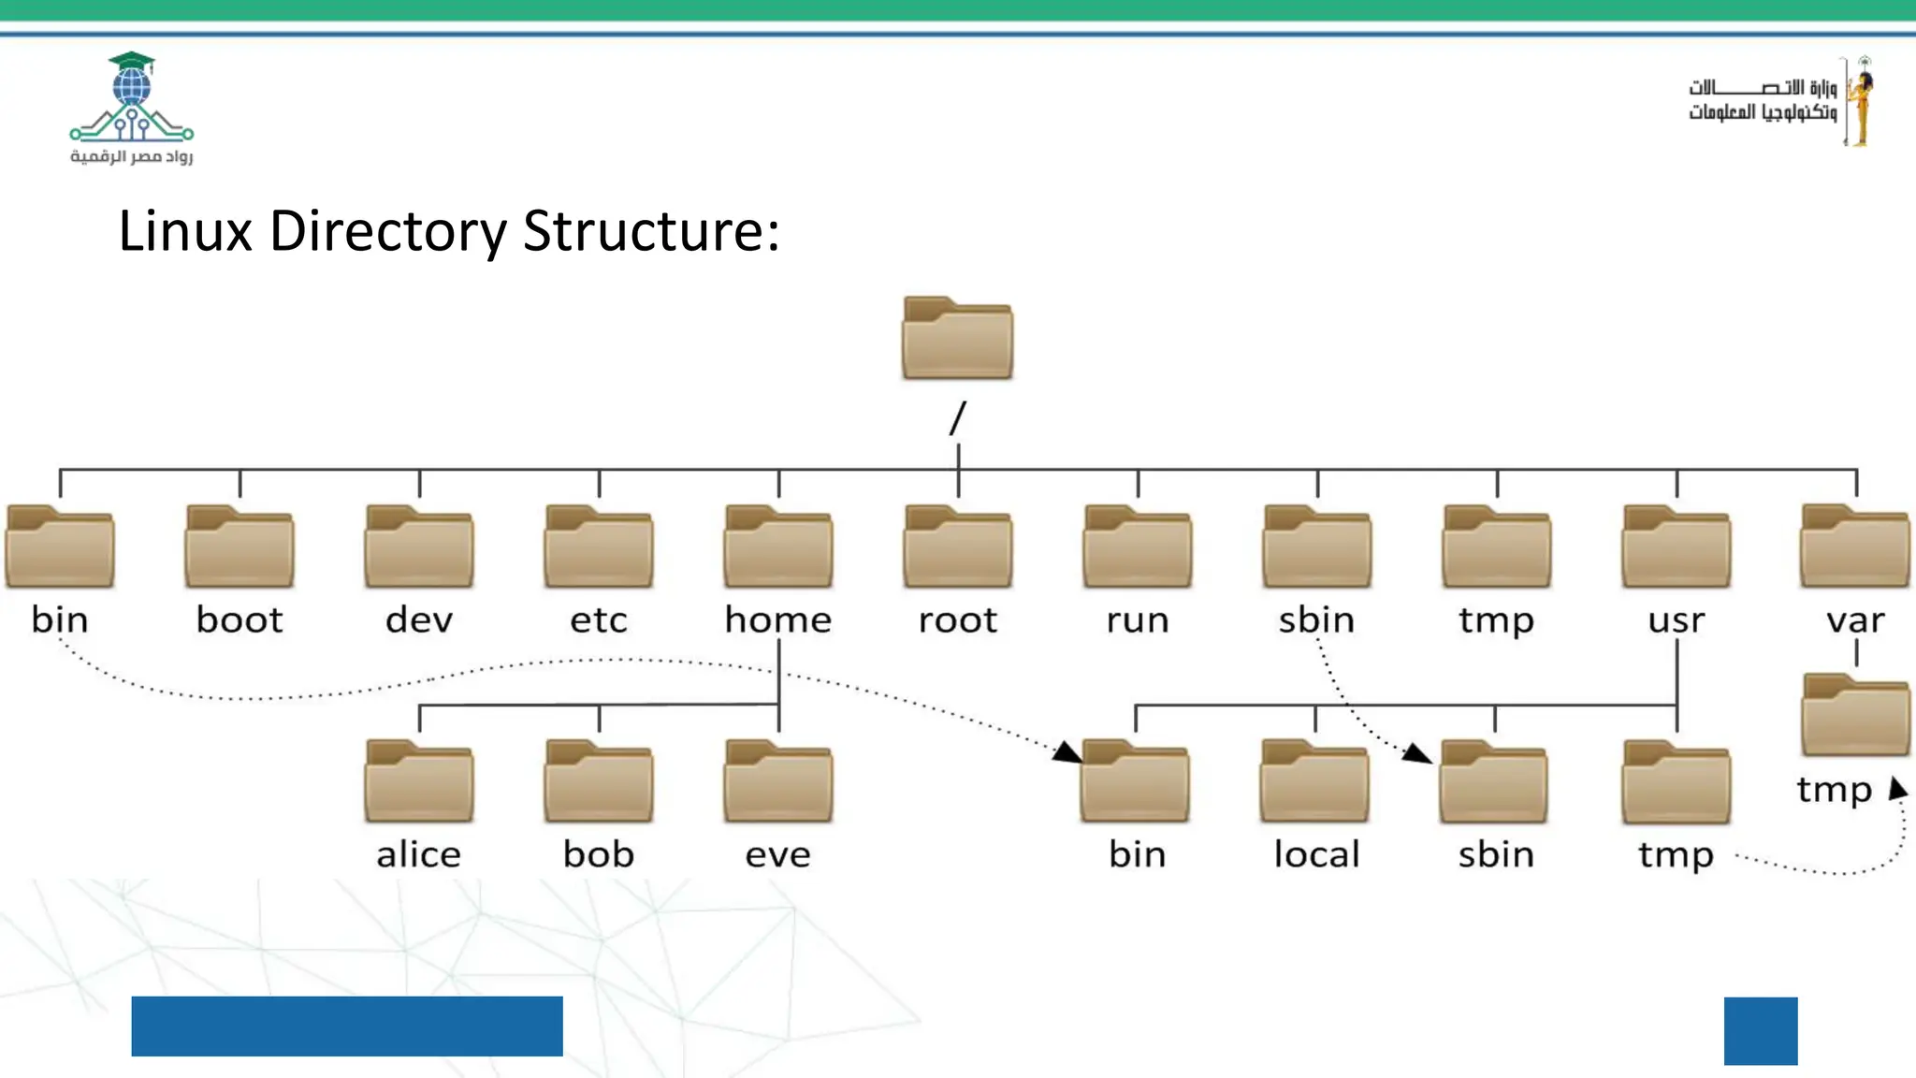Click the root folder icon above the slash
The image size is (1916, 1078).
pos(957,339)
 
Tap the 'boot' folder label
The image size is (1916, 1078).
pos(239,620)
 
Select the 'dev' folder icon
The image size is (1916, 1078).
pos(419,547)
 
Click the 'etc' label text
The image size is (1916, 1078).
pos(599,620)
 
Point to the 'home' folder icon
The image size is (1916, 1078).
pos(778,547)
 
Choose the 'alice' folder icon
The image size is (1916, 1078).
pos(419,782)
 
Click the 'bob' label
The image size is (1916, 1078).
pos(599,854)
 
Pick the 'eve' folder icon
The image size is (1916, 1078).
pos(778,782)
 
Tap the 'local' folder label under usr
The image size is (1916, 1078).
pos(1316,854)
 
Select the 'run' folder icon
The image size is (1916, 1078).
pos(1138,547)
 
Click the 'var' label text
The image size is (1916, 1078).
pos(1855,620)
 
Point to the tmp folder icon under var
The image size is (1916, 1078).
pos(1855,716)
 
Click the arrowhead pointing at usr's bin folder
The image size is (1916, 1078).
pos(1067,752)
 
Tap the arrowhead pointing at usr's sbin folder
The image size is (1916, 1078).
pos(1418,753)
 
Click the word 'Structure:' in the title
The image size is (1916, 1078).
pos(651,231)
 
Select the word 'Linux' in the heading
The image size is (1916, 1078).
pos(185,231)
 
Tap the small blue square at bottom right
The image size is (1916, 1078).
pos(1761,1030)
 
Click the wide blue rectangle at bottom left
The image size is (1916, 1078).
pos(347,1026)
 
